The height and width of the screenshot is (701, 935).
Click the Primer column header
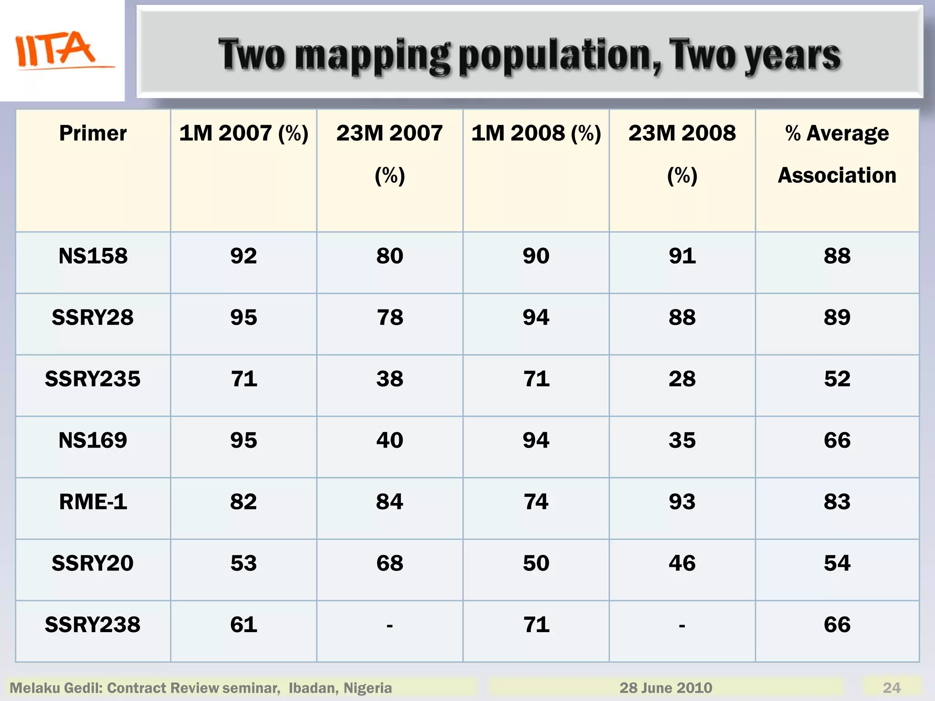pyautogui.click(x=93, y=133)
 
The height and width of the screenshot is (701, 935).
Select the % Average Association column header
pyautogui.click(x=837, y=154)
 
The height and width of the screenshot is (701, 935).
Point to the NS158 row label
pyautogui.click(x=93, y=256)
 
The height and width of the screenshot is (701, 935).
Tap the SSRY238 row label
pyautogui.click(x=93, y=625)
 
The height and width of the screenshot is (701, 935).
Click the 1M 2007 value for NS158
pyautogui.click(x=243, y=256)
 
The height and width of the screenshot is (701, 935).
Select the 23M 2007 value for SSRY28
pyautogui.click(x=389, y=318)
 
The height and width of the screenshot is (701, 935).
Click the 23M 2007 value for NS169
pyautogui.click(x=389, y=440)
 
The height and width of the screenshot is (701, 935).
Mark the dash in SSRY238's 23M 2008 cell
pyautogui.click(x=682, y=626)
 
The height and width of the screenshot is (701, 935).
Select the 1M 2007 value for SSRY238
pyautogui.click(x=243, y=625)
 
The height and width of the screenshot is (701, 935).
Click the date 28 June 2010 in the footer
pyautogui.click(x=666, y=688)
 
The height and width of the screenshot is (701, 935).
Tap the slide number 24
pyautogui.click(x=892, y=688)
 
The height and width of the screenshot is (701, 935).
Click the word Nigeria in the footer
pyautogui.click(x=368, y=688)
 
